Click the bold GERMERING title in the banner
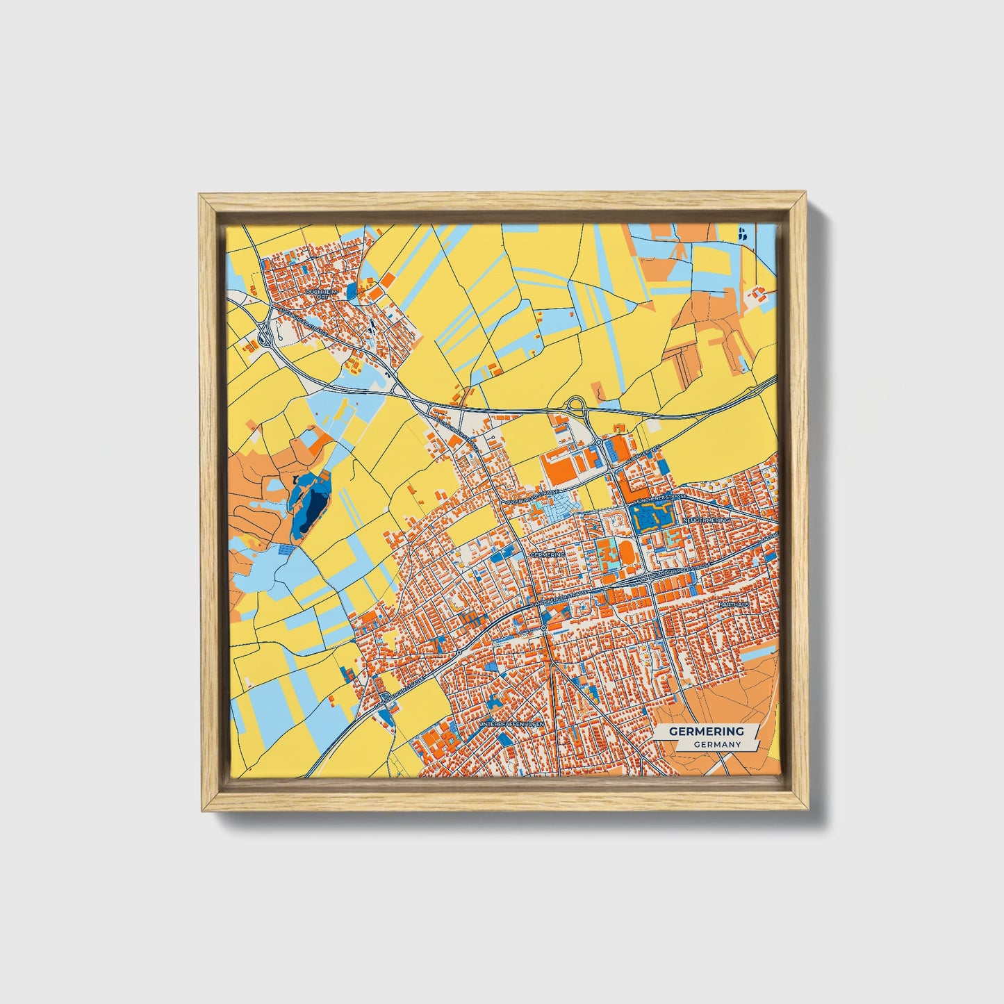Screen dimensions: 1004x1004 [706, 731]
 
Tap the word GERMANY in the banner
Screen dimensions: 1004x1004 [716, 744]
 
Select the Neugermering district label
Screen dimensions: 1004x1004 [707, 520]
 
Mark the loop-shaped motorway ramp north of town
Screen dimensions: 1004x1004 [576, 404]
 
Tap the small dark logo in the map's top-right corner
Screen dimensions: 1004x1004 [743, 234]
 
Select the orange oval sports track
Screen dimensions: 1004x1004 [626, 554]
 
